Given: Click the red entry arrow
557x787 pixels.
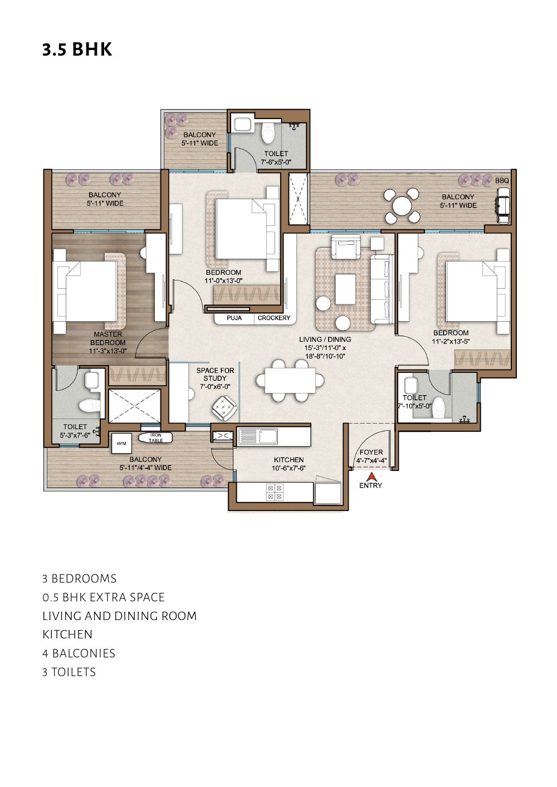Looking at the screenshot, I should tap(371, 476).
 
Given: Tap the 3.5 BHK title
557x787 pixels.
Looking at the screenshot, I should tap(77, 50).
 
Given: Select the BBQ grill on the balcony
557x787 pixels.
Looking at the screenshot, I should tap(503, 205).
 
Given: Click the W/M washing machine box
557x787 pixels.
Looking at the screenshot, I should tap(121, 444).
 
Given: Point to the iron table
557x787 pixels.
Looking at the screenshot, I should tap(155, 438).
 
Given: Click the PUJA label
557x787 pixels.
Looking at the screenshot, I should tap(234, 318).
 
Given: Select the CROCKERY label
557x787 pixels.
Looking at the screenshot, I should tap(273, 318).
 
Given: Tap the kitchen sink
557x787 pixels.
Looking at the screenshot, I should tap(258, 436).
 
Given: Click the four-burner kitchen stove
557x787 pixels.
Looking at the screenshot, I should tap(275, 491).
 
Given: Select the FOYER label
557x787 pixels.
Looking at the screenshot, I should tap(371, 452).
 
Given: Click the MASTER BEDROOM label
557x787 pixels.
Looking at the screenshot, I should tap(108, 338).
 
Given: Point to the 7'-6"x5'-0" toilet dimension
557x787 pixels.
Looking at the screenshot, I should tap(276, 162).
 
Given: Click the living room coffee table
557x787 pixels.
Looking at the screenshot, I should tap(345, 288).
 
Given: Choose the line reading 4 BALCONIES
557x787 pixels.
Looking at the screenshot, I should tap(79, 653).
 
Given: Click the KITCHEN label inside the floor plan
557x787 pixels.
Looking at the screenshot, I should tap(289, 460).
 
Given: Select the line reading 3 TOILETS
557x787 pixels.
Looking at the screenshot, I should tap(69, 672).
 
